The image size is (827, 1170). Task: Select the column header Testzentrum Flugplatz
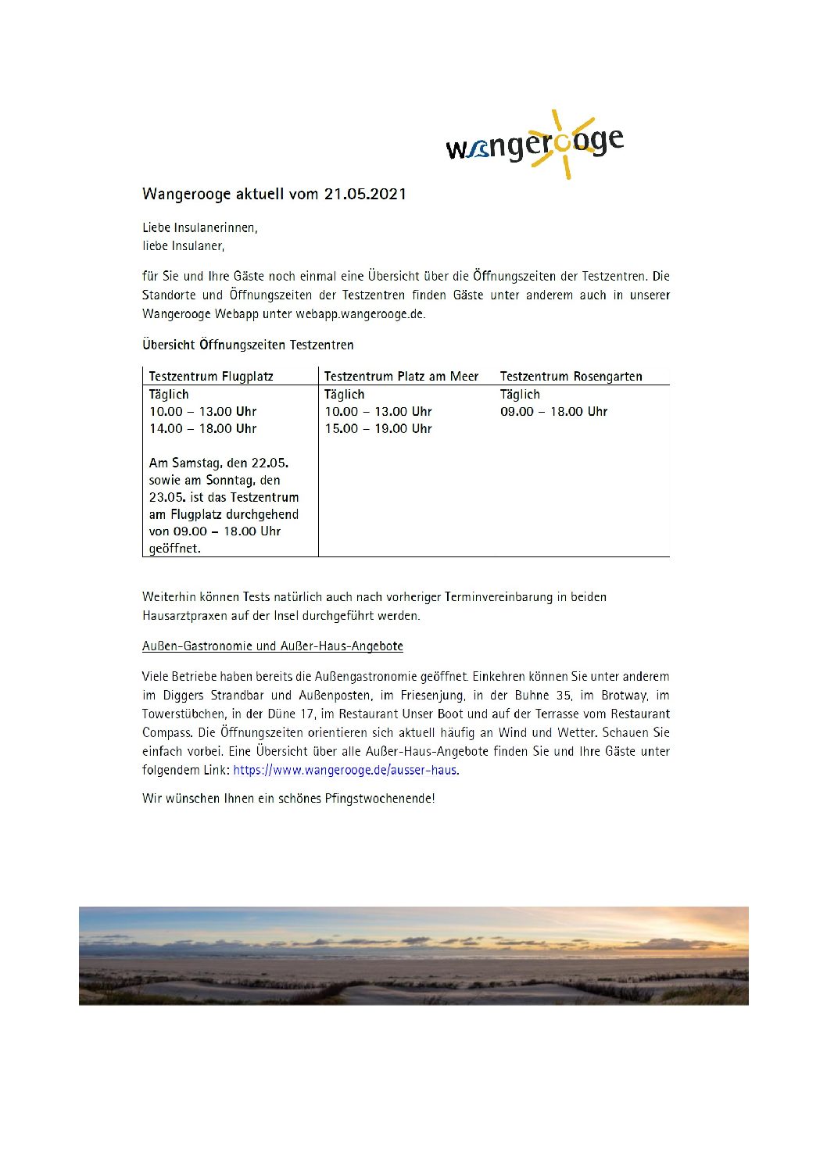click(x=211, y=376)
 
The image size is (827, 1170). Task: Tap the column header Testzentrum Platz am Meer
click(x=401, y=376)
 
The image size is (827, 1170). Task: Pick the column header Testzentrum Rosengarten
click(x=571, y=376)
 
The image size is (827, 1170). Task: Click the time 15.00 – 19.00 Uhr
click(x=378, y=428)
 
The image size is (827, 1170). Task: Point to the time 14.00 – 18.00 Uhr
click(x=203, y=428)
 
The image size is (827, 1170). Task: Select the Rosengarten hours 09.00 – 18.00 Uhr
click(x=553, y=411)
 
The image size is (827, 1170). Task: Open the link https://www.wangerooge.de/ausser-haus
click(x=345, y=770)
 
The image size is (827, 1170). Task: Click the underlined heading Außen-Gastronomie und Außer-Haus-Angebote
click(x=273, y=646)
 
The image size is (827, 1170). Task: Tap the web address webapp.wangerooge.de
click(x=360, y=314)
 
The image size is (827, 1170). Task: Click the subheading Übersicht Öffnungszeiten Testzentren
click(x=248, y=345)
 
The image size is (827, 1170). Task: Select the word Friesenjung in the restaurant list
click(x=431, y=695)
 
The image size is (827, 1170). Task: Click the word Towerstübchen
click(x=183, y=714)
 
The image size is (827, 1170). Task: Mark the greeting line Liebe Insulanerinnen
click(x=200, y=227)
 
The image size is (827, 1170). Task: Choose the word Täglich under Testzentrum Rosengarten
click(x=520, y=394)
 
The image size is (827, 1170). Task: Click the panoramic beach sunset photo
click(x=413, y=955)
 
